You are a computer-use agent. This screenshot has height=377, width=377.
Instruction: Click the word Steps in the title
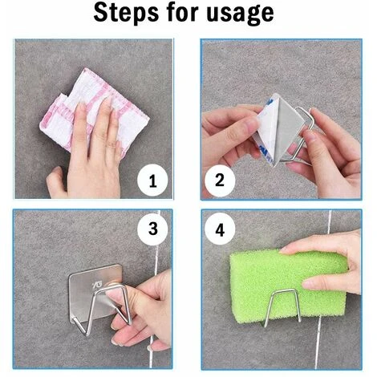pos(126,13)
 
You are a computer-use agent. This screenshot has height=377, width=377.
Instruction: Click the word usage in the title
pos(241,14)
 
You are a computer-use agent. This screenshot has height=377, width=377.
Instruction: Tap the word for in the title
pos(182,12)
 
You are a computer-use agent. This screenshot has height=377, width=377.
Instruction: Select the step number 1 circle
pos(152,181)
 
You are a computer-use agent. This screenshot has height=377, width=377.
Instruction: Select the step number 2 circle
pos(220,180)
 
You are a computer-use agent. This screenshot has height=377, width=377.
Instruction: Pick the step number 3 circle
pos(152,229)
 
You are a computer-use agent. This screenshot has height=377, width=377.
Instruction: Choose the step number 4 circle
pos(220,229)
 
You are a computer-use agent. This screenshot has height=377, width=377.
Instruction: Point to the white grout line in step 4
pos(322,289)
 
